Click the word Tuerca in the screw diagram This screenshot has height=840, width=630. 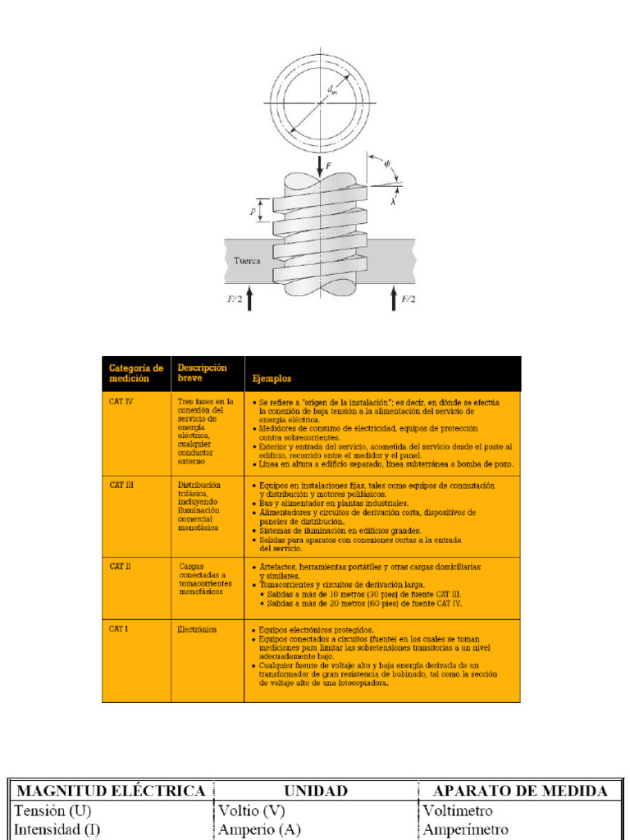point(248,261)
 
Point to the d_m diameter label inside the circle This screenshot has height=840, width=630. point(331,91)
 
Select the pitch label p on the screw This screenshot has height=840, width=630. point(253,211)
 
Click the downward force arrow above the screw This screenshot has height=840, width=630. point(320,164)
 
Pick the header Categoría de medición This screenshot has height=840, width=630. point(130,373)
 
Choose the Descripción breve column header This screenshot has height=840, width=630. point(202,373)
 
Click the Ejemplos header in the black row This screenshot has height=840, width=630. point(272,379)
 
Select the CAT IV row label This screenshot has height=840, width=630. point(121,402)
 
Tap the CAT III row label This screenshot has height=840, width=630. point(121,485)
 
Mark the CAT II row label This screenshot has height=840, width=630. point(121,566)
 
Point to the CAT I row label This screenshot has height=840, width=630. point(119,629)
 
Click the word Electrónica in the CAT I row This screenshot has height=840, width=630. point(197,629)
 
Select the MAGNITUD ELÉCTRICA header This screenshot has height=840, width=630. point(112,791)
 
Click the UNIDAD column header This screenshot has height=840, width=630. point(316,791)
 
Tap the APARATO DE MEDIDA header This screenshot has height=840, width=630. point(520,791)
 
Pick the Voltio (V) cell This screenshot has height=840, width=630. point(252,810)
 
